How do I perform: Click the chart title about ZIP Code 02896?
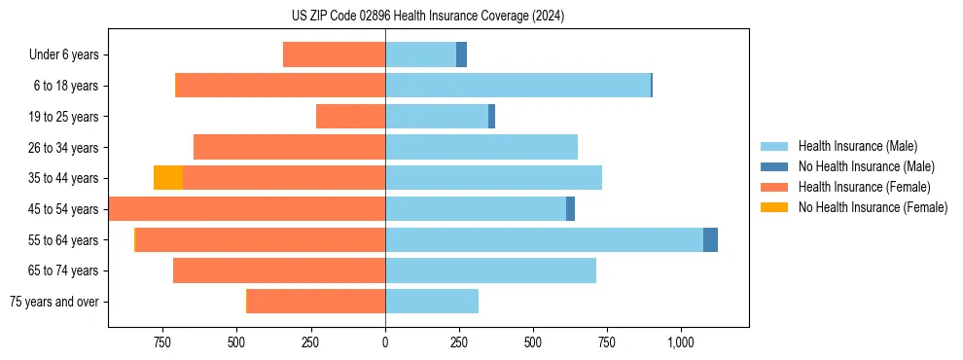pyautogui.click(x=427, y=16)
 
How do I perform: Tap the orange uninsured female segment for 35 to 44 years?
pyautogui.click(x=168, y=178)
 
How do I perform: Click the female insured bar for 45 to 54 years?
pyautogui.click(x=247, y=209)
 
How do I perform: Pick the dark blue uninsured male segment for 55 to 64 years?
pyautogui.click(x=710, y=239)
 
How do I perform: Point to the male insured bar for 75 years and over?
pyautogui.click(x=432, y=302)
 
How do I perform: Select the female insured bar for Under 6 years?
pyautogui.click(x=334, y=54)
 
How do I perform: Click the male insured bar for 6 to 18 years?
pyautogui.click(x=517, y=86)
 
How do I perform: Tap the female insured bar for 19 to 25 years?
pyautogui.click(x=350, y=117)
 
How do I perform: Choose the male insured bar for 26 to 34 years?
pyautogui.click(x=481, y=147)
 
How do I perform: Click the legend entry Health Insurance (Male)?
pyautogui.click(x=857, y=146)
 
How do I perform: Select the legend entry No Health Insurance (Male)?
pyautogui.click(x=866, y=166)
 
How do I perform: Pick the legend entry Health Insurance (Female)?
pyautogui.click(x=865, y=187)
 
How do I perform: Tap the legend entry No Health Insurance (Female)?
pyautogui.click(x=873, y=207)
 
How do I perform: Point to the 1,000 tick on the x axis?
pyautogui.click(x=680, y=342)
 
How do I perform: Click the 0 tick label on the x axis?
pyautogui.click(x=385, y=342)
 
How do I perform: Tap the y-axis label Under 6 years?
pyautogui.click(x=64, y=55)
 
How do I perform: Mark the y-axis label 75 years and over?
pyautogui.click(x=54, y=302)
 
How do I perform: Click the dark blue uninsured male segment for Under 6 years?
pyautogui.click(x=461, y=54)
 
